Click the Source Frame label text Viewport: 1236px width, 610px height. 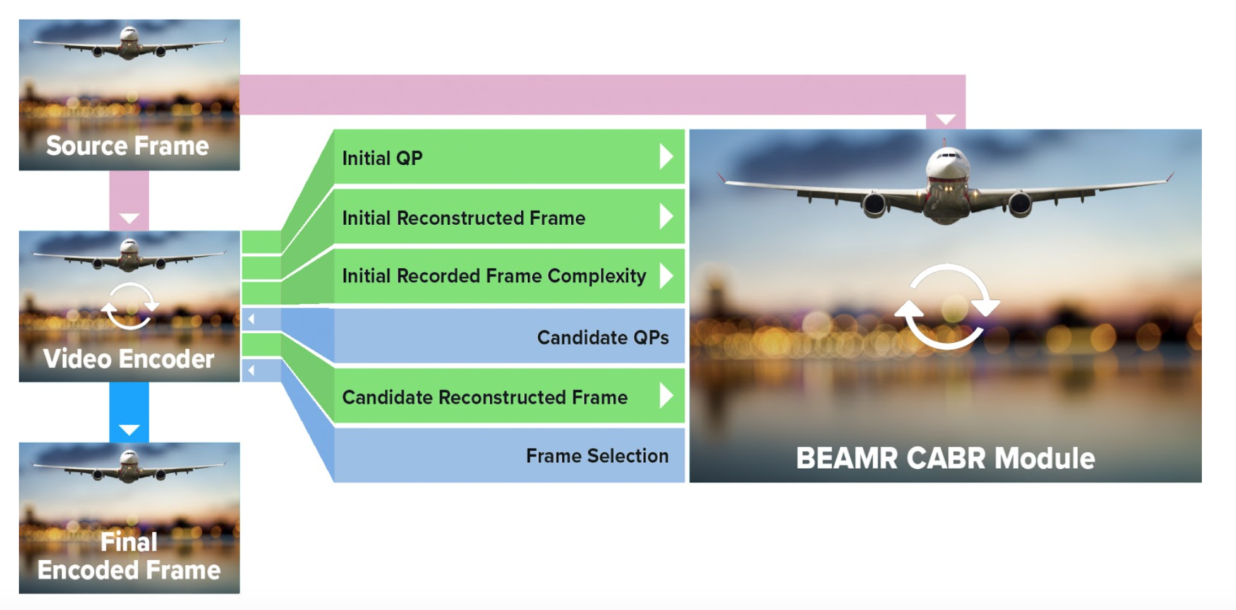(127, 146)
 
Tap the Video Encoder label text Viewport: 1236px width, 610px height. (129, 359)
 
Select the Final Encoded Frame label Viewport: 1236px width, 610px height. (129, 556)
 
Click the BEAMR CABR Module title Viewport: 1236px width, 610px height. (945, 458)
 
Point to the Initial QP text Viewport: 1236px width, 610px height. (382, 158)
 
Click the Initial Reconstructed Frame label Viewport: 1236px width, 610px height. (463, 218)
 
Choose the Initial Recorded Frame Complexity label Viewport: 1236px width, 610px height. (494, 276)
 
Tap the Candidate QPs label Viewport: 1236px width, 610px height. (602, 337)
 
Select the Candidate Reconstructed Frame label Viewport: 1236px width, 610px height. (485, 397)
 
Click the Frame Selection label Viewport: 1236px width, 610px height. (597, 456)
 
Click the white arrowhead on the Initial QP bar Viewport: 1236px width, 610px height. (666, 157)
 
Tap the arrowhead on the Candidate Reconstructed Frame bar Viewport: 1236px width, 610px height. (666, 396)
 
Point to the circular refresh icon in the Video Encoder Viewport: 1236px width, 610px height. (130, 306)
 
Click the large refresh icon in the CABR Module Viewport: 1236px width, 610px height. (946, 307)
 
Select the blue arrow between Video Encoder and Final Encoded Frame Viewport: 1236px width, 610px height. (129, 412)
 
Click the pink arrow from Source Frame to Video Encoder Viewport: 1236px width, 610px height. (129, 201)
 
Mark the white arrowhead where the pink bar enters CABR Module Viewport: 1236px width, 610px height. (945, 119)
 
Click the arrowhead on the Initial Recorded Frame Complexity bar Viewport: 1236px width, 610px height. (666, 276)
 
